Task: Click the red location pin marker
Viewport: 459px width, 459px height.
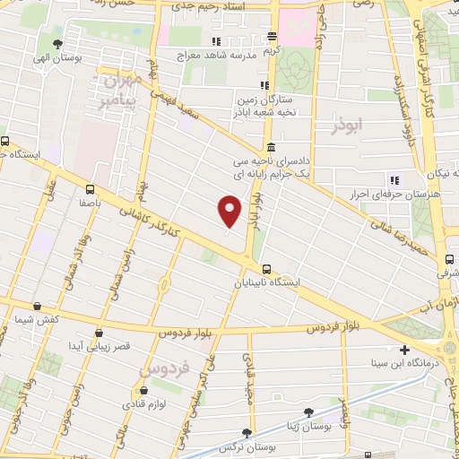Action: click(230, 212)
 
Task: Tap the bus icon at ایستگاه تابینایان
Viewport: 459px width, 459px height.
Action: click(266, 269)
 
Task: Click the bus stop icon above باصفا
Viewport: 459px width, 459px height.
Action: click(89, 189)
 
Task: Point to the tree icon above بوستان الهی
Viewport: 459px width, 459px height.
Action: click(58, 43)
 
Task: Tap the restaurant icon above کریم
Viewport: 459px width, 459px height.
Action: click(270, 39)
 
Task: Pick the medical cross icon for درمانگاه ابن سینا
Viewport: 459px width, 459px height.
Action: click(405, 350)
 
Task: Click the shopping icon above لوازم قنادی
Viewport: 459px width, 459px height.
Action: click(143, 391)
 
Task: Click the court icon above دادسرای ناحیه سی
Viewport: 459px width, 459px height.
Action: click(271, 148)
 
